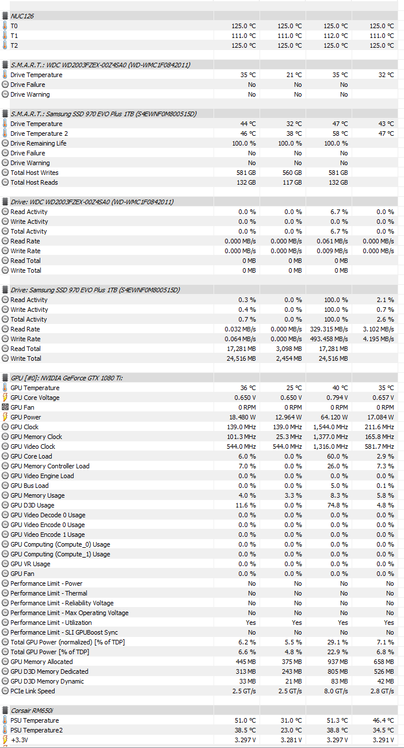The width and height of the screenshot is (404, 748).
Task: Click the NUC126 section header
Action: pyautogui.click(x=22, y=16)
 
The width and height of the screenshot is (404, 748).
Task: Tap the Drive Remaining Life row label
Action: pyautogui.click(x=38, y=143)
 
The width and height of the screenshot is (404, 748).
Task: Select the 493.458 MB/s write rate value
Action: pyautogui.click(x=328, y=339)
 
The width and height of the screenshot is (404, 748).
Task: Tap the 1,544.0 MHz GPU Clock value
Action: pyautogui.click(x=330, y=427)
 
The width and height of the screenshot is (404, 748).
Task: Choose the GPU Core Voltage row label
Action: pyautogui.click(x=35, y=398)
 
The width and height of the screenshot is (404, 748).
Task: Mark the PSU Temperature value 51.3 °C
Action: pyautogui.click(x=336, y=720)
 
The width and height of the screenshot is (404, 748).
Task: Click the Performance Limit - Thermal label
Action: pyautogui.click(x=49, y=593)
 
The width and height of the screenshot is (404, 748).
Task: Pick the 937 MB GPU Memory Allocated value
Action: pyautogui.click(x=337, y=662)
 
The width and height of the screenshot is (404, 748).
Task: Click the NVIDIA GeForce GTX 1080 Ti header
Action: pyautogui.click(x=59, y=378)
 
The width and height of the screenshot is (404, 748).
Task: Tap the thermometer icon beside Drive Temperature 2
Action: pyautogui.click(x=5, y=133)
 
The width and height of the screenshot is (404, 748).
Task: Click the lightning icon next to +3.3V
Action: pyautogui.click(x=5, y=740)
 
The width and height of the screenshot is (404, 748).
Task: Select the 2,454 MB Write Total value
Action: pyautogui.click(x=289, y=358)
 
